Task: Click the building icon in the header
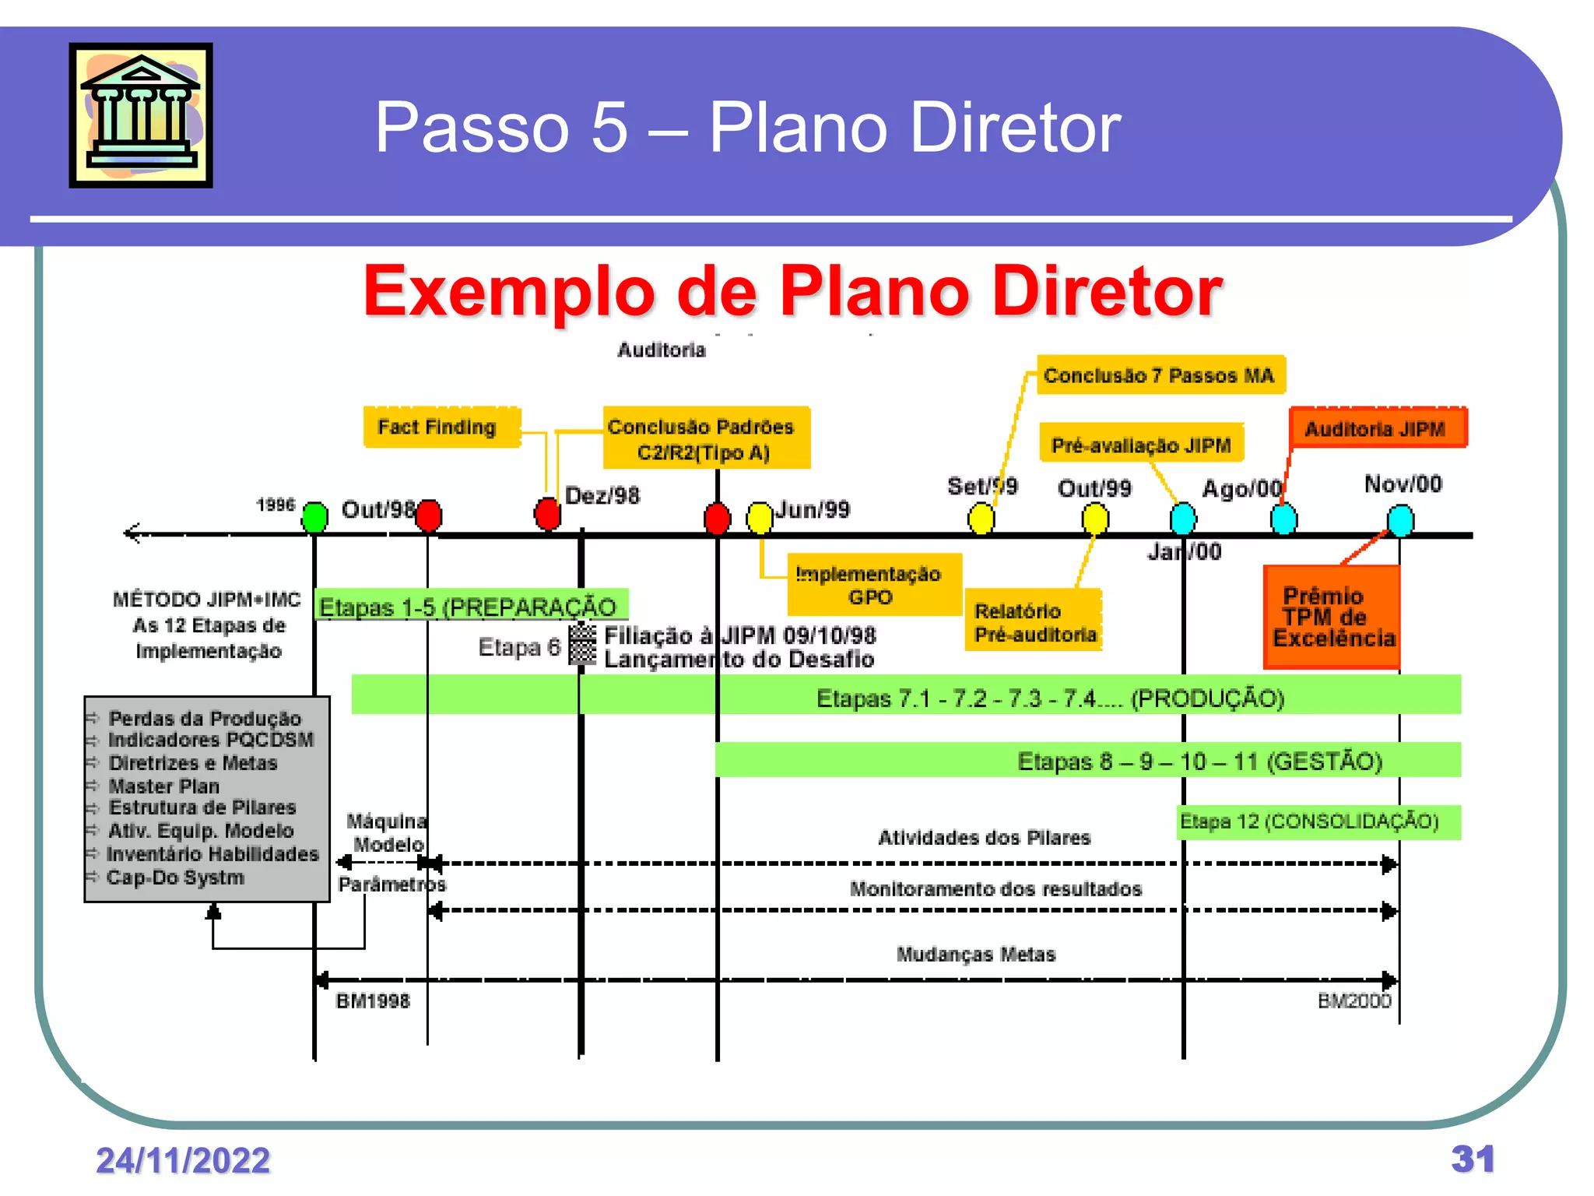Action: click(141, 115)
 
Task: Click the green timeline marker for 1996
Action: click(314, 517)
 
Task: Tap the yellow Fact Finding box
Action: click(441, 427)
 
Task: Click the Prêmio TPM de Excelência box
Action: click(1332, 617)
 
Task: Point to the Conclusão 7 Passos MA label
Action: click(1160, 375)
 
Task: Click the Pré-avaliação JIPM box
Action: click(1141, 445)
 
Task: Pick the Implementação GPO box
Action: click(874, 585)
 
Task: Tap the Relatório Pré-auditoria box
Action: click(1034, 621)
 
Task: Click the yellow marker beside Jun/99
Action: click(760, 518)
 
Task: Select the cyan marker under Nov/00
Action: click(1400, 519)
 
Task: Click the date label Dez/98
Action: click(602, 495)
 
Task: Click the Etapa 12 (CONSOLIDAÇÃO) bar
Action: click(1318, 822)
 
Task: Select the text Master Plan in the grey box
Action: click(164, 786)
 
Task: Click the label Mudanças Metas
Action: click(976, 954)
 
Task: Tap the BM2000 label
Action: click(1353, 1001)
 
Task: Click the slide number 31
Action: click(1472, 1159)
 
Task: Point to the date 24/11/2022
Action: click(183, 1160)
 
